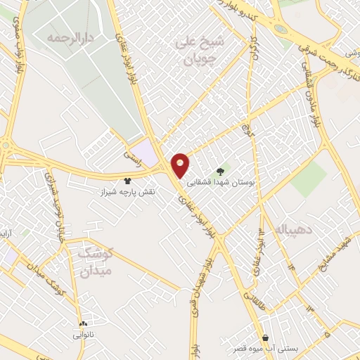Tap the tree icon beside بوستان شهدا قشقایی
coord(221,171)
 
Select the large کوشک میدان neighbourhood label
coord(94,259)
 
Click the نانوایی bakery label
coord(82,336)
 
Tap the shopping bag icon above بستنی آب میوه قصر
coord(264,337)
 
